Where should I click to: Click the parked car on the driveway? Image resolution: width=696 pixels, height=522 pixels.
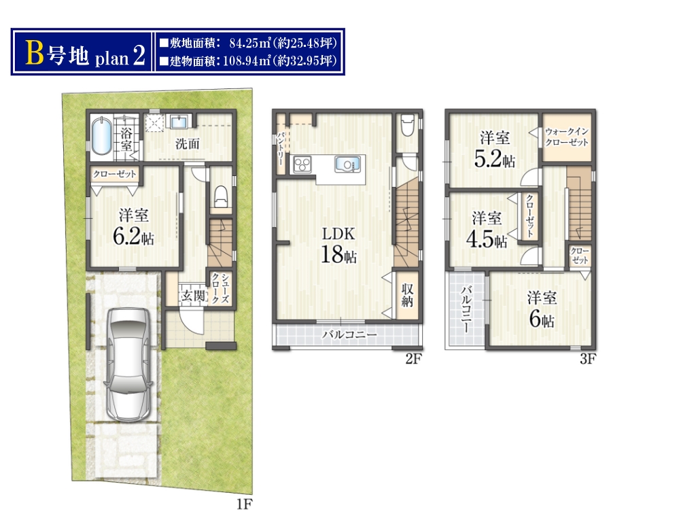coord(129,364)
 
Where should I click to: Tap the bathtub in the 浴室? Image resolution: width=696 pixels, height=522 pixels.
coord(102,136)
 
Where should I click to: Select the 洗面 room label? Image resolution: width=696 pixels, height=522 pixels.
coord(188,144)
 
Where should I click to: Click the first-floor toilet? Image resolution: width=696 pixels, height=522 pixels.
coord(221,196)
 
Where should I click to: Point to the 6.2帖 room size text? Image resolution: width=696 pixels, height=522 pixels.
coord(134,236)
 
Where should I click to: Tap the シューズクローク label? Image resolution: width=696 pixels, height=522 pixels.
coord(220,288)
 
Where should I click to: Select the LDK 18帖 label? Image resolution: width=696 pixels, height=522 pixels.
coord(338,245)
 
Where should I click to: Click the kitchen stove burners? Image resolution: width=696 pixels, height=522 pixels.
coord(302,164)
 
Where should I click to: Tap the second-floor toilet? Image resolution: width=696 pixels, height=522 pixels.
coord(408,126)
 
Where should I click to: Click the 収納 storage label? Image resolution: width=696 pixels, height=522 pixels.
coord(407,295)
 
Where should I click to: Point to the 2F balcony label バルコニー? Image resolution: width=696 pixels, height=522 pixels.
coord(349,334)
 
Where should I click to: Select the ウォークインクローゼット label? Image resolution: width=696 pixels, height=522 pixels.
coord(567,137)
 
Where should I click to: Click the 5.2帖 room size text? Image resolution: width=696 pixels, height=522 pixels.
coord(495,158)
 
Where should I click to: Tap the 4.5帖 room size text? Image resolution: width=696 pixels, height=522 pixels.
coord(487,240)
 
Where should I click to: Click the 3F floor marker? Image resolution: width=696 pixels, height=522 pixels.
coord(588,359)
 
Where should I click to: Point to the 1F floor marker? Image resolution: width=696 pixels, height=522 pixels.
coord(244,504)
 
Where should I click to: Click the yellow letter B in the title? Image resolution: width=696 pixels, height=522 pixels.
coord(35,54)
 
